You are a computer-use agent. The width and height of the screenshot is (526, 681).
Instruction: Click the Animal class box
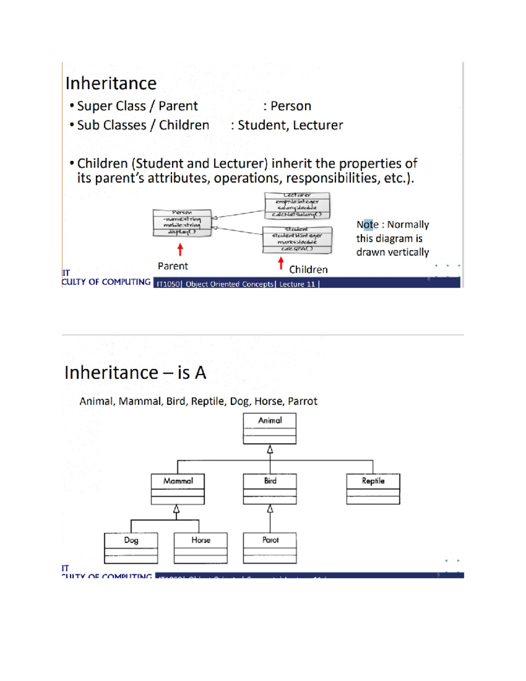(x=270, y=428)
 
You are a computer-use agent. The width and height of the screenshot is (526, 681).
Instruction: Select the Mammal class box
(x=178, y=489)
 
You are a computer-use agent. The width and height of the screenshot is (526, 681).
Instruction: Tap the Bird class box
(x=270, y=489)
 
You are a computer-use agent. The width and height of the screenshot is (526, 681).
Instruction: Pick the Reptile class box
(x=373, y=489)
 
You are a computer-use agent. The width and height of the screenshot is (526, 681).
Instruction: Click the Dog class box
(x=131, y=548)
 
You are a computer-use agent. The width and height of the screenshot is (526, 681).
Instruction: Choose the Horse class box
(x=200, y=548)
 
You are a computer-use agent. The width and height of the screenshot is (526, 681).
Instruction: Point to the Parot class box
(x=270, y=548)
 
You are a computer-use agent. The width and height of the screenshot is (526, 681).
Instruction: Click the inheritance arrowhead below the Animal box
(x=270, y=449)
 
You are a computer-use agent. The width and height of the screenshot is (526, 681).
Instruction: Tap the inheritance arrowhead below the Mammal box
(x=176, y=509)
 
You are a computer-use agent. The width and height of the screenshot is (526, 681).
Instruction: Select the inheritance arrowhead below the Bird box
(x=270, y=509)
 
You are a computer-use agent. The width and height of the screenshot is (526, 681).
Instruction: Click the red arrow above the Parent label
(x=180, y=250)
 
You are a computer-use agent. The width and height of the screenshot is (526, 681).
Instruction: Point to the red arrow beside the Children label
(x=281, y=263)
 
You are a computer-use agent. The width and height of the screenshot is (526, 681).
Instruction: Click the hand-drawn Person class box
(x=182, y=223)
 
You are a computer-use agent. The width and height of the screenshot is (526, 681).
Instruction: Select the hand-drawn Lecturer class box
(x=297, y=205)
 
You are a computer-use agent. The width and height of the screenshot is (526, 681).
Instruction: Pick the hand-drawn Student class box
(x=297, y=239)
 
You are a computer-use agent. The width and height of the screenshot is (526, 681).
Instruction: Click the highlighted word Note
(x=367, y=225)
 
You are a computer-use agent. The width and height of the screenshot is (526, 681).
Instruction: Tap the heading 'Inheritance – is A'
(x=135, y=373)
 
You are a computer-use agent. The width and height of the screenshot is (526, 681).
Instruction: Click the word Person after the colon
(x=291, y=106)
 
